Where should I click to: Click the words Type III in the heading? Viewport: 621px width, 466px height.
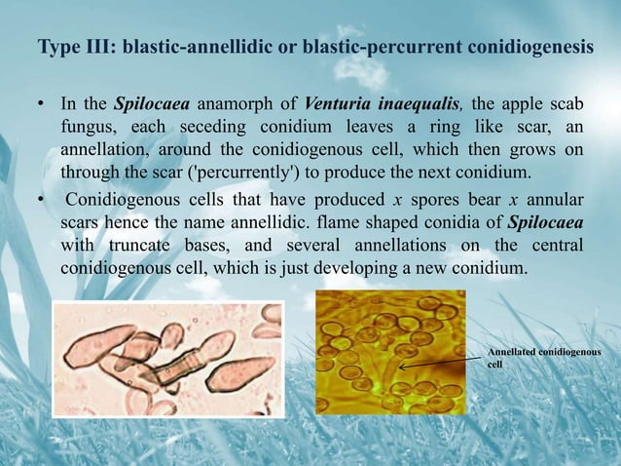(69, 48)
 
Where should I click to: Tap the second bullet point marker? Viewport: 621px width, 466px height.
(43, 200)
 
